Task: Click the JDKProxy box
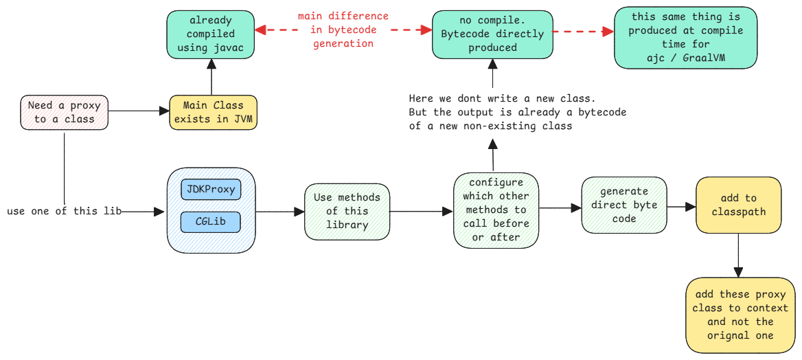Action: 211,189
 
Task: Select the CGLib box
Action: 211,222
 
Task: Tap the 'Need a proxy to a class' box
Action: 64,112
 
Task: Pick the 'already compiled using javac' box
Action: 211,34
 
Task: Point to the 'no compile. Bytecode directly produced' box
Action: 492,34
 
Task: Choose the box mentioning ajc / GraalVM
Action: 685,37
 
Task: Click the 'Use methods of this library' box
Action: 347,211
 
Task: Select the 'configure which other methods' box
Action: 496,210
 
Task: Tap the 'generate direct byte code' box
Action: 623,205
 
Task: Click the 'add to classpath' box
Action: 738,205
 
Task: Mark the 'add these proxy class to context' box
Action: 740,315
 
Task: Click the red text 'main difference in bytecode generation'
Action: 343,30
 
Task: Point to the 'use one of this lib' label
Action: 64,211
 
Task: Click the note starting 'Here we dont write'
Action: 517,112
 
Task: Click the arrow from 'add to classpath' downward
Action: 738,254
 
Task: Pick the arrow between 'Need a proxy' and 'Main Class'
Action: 139,111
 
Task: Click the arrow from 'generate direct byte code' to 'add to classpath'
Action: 680,205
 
